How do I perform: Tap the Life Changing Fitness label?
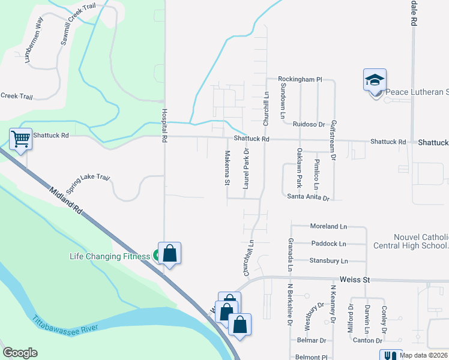(x=109, y=257)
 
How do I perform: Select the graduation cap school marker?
(x=375, y=80)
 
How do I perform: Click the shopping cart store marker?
(x=20, y=139)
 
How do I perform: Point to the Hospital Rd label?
(x=163, y=126)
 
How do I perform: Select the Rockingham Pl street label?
(x=300, y=79)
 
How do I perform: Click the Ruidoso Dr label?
(x=309, y=124)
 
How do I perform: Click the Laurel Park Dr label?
(x=246, y=170)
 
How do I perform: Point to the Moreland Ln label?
(x=328, y=226)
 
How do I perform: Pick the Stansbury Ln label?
(x=328, y=261)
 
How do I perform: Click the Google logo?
(x=20, y=353)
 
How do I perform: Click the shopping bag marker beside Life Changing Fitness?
(x=170, y=254)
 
